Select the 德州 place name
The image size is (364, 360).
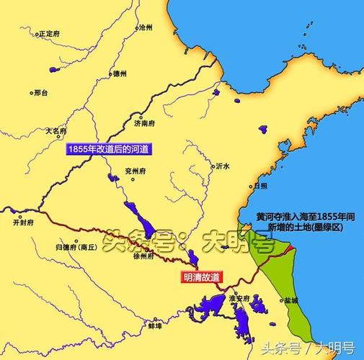[120, 73]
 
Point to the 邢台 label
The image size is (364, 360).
[42, 92]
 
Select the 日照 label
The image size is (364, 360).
[260, 185]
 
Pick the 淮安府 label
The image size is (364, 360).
[238, 297]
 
